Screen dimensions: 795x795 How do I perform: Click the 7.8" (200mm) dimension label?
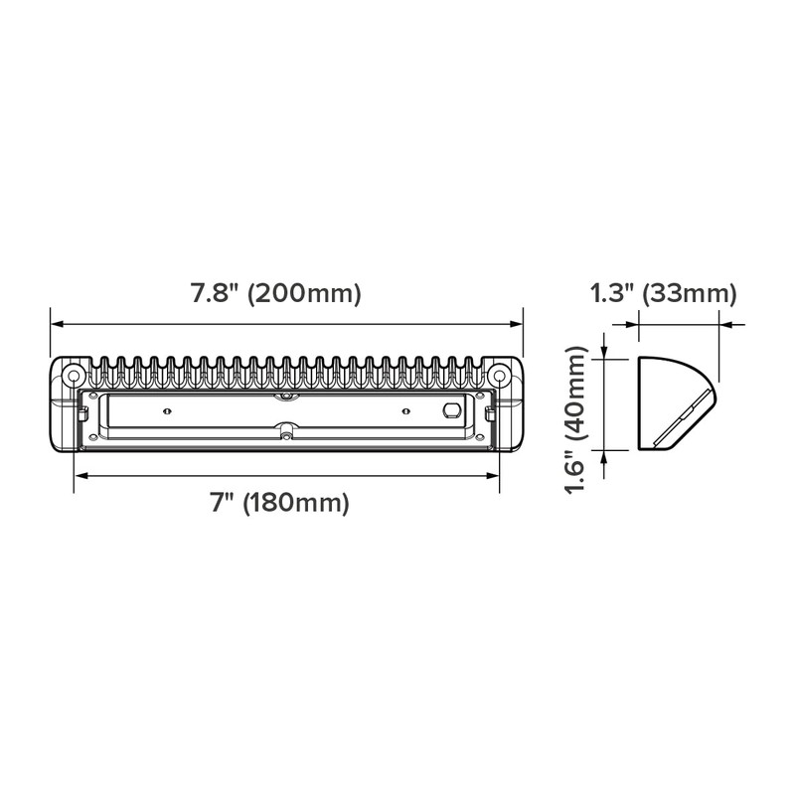[276, 293]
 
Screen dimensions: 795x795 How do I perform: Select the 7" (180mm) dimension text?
[280, 503]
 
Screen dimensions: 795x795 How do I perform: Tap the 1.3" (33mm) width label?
[663, 293]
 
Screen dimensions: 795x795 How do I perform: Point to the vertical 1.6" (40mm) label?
[575, 419]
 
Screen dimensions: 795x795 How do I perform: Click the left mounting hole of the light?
[73, 377]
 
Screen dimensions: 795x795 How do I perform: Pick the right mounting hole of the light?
[500, 377]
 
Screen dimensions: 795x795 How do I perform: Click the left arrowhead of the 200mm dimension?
[57, 325]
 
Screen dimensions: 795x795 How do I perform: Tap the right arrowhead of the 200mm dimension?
[516, 325]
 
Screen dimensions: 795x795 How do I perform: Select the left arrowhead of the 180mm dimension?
[81, 476]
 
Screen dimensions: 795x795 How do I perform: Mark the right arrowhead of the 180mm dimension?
[493, 476]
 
